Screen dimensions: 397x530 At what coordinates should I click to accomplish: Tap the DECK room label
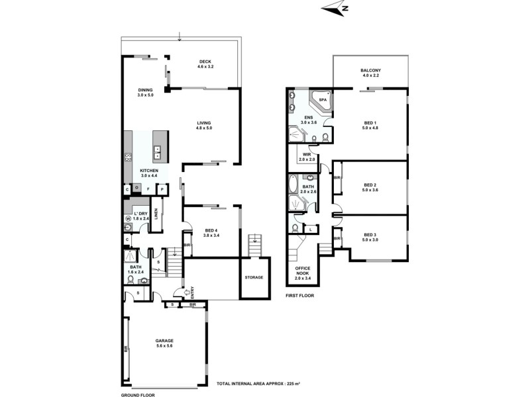pyautogui.click(x=205, y=62)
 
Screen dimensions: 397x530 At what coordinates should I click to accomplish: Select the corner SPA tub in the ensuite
pyautogui.click(x=323, y=101)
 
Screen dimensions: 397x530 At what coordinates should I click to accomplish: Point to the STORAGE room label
pyautogui.click(x=254, y=278)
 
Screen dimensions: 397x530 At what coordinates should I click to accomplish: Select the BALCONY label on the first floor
pyautogui.click(x=370, y=71)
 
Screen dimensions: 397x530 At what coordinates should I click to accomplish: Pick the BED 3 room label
pyautogui.click(x=370, y=234)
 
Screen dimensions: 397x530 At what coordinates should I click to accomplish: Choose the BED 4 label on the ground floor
pyautogui.click(x=211, y=230)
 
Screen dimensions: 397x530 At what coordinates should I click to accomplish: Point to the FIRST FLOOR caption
pyautogui.click(x=300, y=296)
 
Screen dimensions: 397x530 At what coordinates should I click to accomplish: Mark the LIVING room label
pyautogui.click(x=205, y=123)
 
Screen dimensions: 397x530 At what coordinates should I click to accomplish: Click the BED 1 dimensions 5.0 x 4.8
pyautogui.click(x=370, y=127)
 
